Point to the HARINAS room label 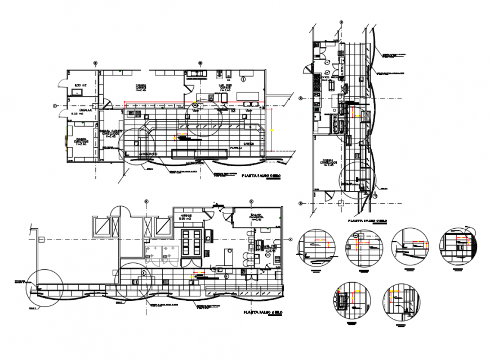pos(187,215)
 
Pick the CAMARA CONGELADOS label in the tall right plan pos(329,161)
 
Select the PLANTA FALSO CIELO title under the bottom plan pos(260,312)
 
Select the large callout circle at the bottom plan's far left pos(43,287)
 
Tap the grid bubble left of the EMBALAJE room pos(55,105)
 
